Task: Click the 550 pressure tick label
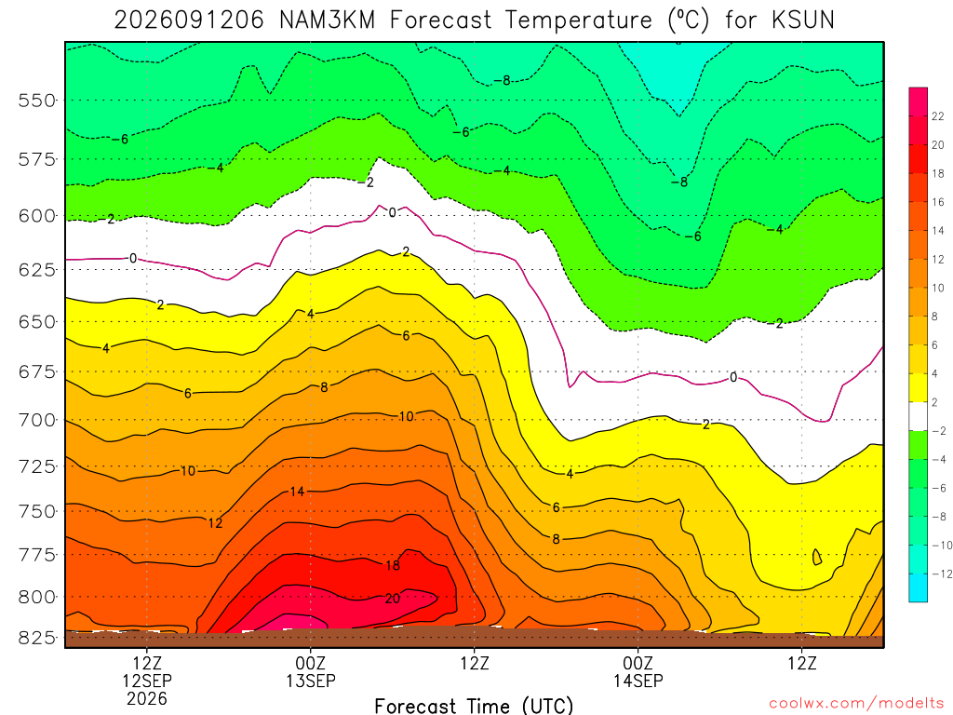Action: pyautogui.click(x=37, y=101)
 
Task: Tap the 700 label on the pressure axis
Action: pyautogui.click(x=37, y=420)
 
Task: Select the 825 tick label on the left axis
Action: pyautogui.click(x=37, y=639)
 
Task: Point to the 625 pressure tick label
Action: pyautogui.click(x=37, y=269)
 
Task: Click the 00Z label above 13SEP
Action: pyautogui.click(x=311, y=663)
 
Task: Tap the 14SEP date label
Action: pyautogui.click(x=638, y=681)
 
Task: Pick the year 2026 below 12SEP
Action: pyautogui.click(x=147, y=698)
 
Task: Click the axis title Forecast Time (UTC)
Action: pyautogui.click(x=474, y=706)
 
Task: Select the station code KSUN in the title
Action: pyautogui.click(x=803, y=20)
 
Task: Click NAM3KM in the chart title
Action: pyautogui.click(x=327, y=20)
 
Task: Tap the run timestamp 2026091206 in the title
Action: pyautogui.click(x=189, y=20)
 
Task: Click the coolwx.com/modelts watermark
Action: pyautogui.click(x=856, y=704)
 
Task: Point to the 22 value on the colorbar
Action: pyautogui.click(x=938, y=116)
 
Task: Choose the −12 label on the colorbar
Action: pyautogui.click(x=942, y=573)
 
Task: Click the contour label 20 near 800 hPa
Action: pyautogui.click(x=393, y=599)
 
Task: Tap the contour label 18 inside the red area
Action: pyautogui.click(x=393, y=565)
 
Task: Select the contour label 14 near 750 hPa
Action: pyautogui.click(x=297, y=492)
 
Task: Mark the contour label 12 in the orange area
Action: pyautogui.click(x=215, y=523)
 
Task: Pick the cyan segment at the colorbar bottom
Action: pyautogui.click(x=918, y=587)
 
